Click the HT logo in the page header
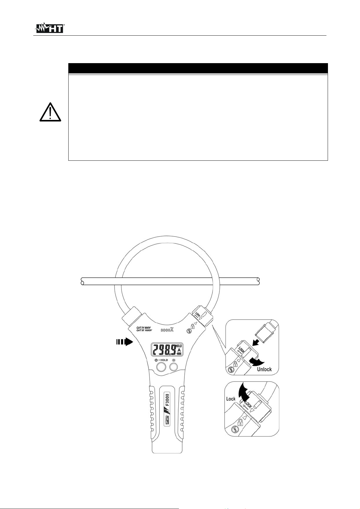click(x=50, y=28)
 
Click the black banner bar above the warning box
click(x=198, y=68)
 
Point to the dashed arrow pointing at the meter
click(x=125, y=342)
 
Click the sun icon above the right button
click(x=174, y=360)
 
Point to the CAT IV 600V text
click(x=144, y=327)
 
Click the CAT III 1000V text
click(x=144, y=331)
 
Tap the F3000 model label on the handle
click(x=167, y=399)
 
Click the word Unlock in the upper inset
click(x=264, y=369)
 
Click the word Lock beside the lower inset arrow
click(x=231, y=399)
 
